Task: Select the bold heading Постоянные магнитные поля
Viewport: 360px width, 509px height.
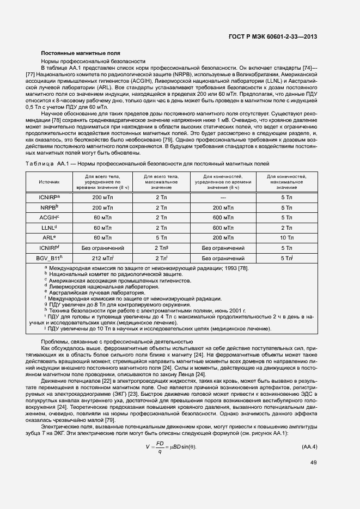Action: (x=73, y=53)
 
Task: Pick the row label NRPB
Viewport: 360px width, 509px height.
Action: (x=48, y=207)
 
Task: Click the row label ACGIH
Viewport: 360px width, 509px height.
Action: (x=48, y=218)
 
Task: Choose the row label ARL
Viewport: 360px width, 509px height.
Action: (x=48, y=238)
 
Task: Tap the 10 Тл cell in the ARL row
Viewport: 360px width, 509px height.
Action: (x=286, y=238)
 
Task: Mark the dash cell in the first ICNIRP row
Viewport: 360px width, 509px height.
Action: (x=223, y=197)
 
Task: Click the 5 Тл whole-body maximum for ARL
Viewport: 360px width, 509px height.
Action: (x=161, y=238)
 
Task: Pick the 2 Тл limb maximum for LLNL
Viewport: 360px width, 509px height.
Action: (x=286, y=228)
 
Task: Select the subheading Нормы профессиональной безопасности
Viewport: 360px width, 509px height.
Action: (x=93, y=62)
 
